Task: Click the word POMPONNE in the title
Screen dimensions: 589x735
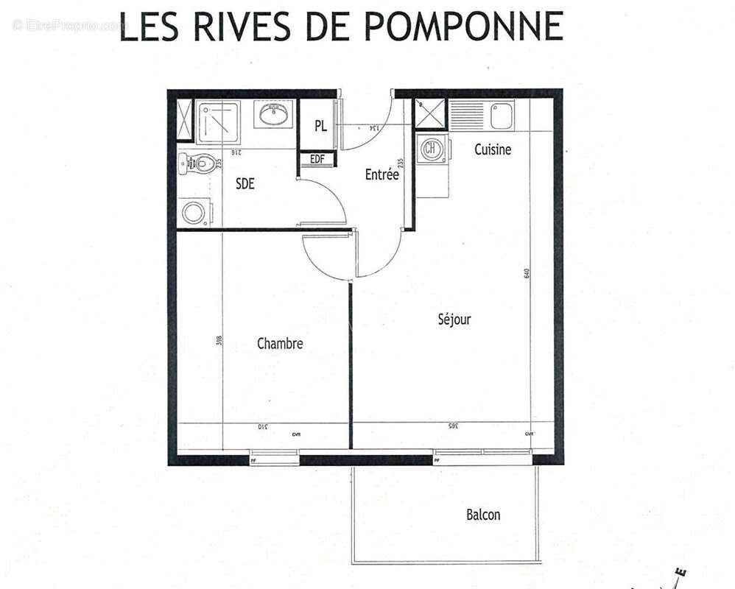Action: [464, 27]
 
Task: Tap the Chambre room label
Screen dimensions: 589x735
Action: [280, 343]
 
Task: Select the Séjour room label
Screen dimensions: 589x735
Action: [454, 320]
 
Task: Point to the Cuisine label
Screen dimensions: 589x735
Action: [492, 149]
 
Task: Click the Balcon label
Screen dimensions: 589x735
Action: [483, 515]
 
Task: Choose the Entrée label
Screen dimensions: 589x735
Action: [382, 175]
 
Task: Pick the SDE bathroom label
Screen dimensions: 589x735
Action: [245, 184]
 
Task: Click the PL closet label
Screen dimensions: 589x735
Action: [320, 126]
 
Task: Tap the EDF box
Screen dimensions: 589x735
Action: [317, 159]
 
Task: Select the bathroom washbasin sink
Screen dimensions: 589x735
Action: [274, 114]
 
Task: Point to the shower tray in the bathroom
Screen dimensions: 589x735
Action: [219, 121]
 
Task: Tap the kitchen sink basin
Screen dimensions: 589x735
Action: [502, 115]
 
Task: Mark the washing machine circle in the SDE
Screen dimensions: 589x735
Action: [195, 214]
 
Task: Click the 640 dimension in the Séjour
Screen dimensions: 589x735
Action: [527, 272]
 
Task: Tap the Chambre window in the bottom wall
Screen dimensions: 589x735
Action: [274, 456]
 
